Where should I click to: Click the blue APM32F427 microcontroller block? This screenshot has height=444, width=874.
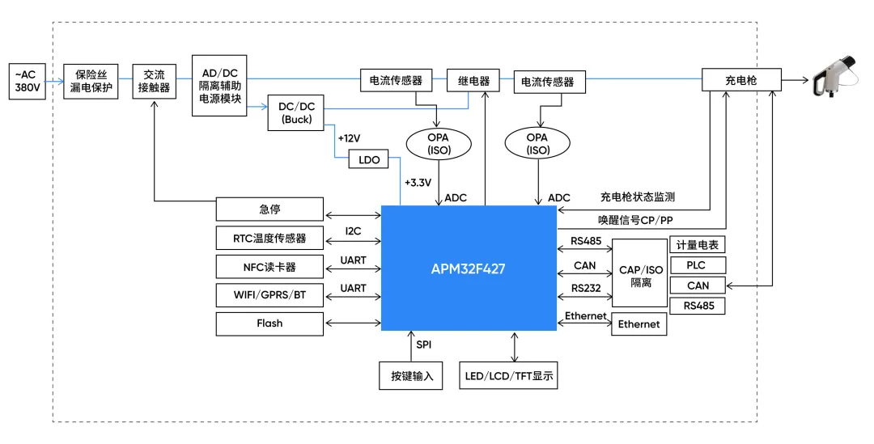click(469, 268)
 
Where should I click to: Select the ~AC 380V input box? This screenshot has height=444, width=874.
click(28, 81)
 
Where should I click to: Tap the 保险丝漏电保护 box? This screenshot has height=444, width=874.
click(91, 81)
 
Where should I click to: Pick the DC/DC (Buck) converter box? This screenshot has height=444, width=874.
click(295, 112)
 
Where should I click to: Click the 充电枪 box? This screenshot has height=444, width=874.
click(741, 80)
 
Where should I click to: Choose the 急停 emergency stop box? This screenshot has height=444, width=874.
click(269, 209)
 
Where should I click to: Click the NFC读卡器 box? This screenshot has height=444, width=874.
click(269, 266)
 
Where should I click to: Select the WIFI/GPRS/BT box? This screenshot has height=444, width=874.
click(269, 294)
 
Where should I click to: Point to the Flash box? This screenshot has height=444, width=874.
click(269, 323)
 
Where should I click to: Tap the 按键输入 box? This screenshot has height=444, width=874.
click(411, 375)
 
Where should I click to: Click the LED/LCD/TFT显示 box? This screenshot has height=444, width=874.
click(509, 375)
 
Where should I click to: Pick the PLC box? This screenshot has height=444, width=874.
click(698, 265)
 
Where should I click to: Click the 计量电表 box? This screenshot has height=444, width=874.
click(698, 245)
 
